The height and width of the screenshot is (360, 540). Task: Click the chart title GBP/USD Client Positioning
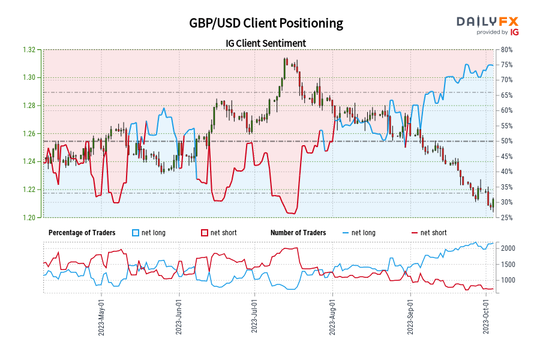coord(266,23)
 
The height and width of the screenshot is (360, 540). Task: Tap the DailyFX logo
coord(488,25)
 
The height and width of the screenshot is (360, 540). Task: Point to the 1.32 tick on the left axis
coord(34,50)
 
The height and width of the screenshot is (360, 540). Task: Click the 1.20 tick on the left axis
coord(34,217)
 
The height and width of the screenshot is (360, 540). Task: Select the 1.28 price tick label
coord(34,106)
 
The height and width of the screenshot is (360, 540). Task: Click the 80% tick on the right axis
coord(505,50)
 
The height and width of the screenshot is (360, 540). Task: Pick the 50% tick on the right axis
coord(505,141)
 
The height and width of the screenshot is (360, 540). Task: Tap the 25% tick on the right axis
coord(505,217)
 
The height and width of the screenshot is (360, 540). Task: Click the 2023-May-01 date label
coord(102,316)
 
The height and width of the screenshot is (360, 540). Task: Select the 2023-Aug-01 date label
coord(333,316)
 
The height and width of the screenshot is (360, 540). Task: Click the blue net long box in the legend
coord(136,233)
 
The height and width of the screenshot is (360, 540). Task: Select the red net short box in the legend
coord(205,233)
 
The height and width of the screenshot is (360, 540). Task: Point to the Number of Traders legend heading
coord(298,233)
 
